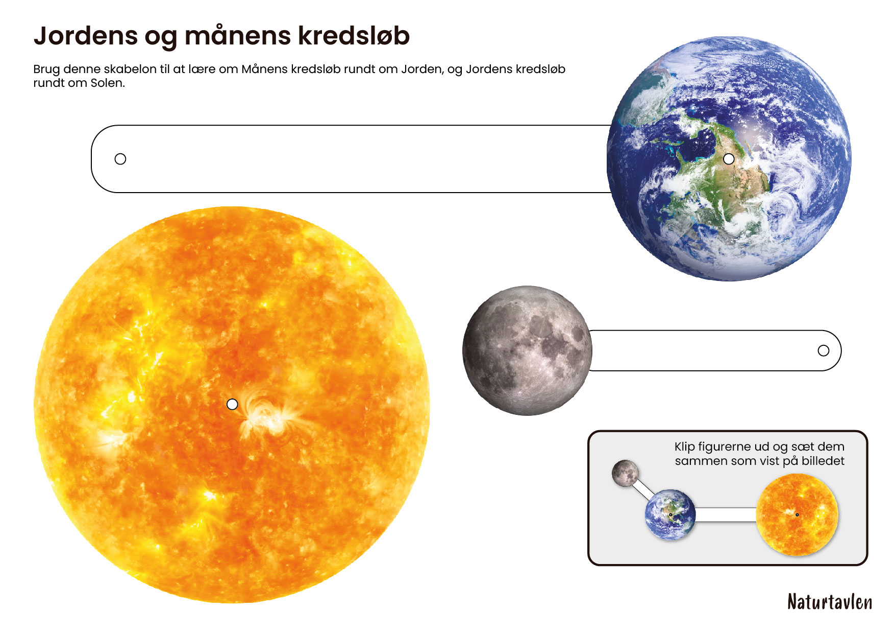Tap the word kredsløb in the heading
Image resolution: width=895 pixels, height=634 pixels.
[354, 36]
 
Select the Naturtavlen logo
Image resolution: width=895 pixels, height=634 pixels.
[829, 602]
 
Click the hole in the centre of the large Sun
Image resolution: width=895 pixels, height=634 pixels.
[232, 404]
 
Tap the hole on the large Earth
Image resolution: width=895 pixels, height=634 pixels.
[729, 159]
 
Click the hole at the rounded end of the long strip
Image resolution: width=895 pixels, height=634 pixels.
[120, 159]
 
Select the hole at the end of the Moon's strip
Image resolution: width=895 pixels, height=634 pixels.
[823, 350]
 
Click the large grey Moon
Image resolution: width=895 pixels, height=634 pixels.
[527, 350]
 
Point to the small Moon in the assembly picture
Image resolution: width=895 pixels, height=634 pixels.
[625, 473]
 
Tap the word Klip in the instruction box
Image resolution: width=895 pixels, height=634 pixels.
[684, 447]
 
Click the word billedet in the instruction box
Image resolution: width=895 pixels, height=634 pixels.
[823, 461]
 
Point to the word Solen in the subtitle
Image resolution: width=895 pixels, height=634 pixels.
[108, 83]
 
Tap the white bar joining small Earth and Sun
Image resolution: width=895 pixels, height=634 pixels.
[725, 514]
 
